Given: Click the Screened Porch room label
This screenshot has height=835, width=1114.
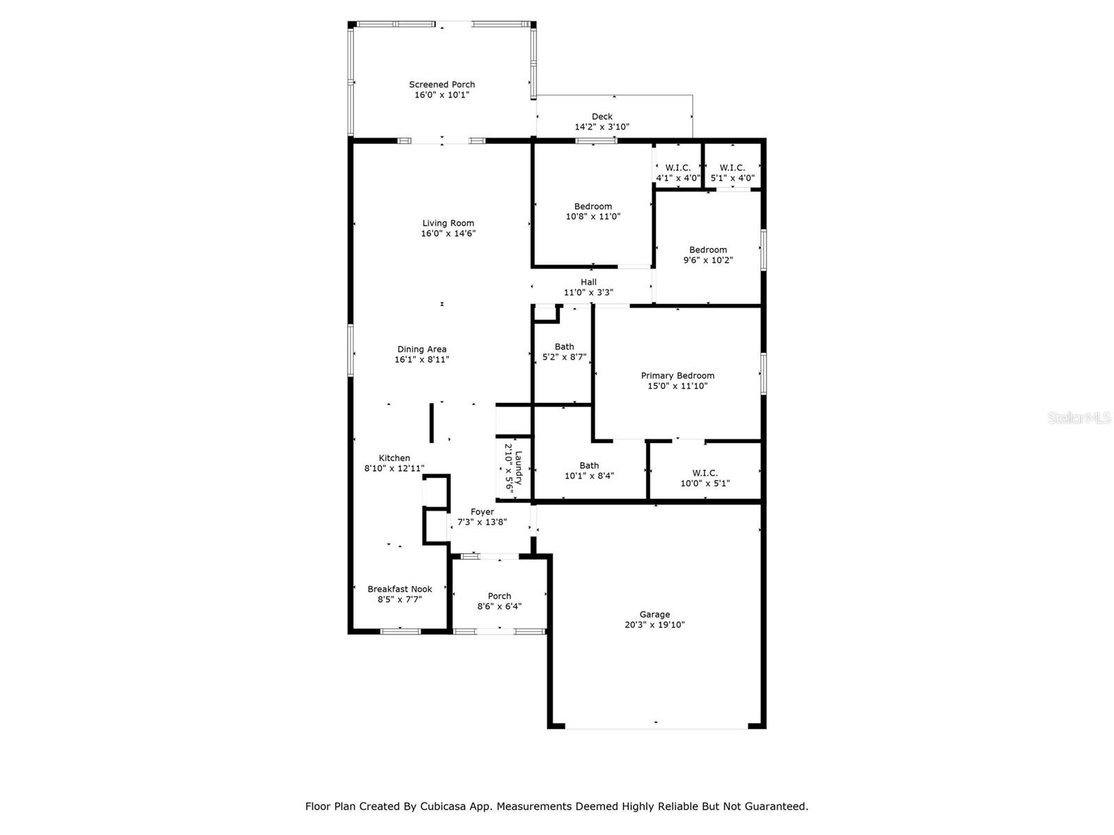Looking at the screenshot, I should click(x=441, y=85).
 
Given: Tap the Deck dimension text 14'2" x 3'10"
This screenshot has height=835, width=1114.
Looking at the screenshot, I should click(x=602, y=127).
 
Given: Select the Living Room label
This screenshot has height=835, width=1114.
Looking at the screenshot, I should click(x=448, y=223).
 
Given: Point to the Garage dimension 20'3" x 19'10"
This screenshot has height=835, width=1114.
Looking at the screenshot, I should click(x=654, y=625).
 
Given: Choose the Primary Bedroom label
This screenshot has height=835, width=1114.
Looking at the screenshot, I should click(x=677, y=376).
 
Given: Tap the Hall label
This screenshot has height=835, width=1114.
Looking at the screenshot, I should click(x=588, y=282).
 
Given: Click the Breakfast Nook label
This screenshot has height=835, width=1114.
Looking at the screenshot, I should click(x=400, y=589).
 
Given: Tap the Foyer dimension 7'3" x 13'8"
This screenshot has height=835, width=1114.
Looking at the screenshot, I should click(x=482, y=522).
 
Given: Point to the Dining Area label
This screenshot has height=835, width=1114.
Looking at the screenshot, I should click(x=422, y=349).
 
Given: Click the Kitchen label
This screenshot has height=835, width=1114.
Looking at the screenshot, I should click(x=394, y=458).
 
